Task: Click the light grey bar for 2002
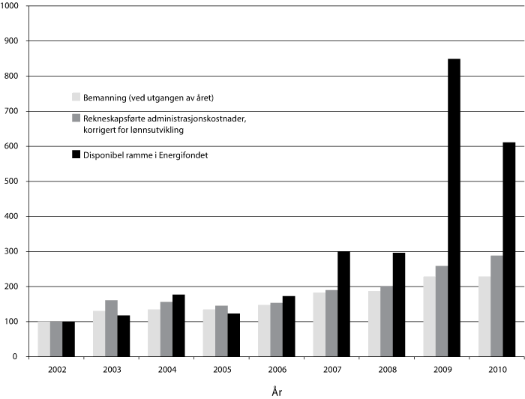click(44, 338)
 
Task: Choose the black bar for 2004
click(178, 325)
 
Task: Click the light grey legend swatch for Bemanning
click(76, 97)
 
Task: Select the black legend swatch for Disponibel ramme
click(76, 154)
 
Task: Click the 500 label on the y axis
click(13, 181)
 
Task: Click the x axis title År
click(277, 390)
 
